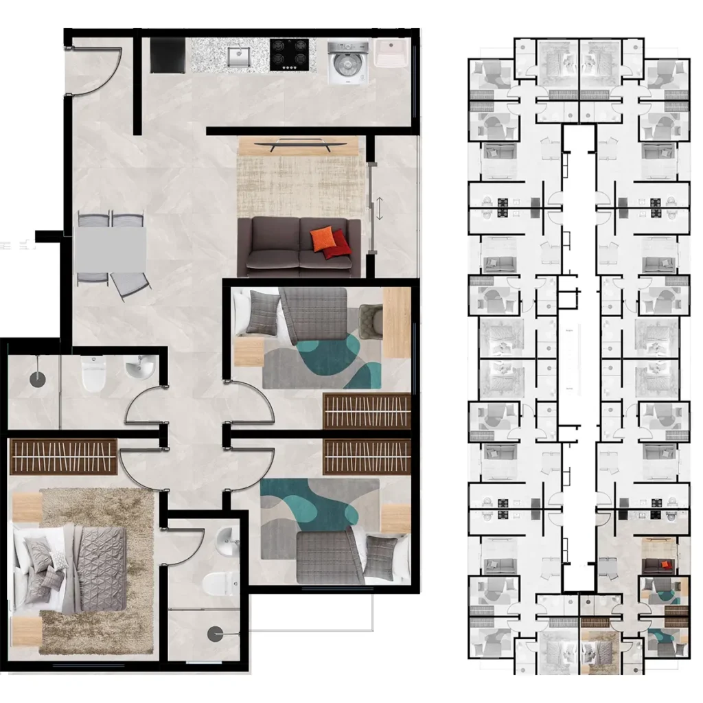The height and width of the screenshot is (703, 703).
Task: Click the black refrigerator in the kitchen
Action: [168, 54]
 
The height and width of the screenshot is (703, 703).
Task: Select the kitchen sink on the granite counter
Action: [238, 56]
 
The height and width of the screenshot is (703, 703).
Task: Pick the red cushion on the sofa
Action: [336, 246]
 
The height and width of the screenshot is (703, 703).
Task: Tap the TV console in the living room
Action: [300, 146]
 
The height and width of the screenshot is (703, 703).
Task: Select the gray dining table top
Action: [111, 249]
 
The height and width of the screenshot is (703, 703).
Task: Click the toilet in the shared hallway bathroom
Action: [93, 374]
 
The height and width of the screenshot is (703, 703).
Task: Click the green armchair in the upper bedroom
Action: [371, 321]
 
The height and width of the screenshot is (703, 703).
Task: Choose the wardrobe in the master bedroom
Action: [64, 457]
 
